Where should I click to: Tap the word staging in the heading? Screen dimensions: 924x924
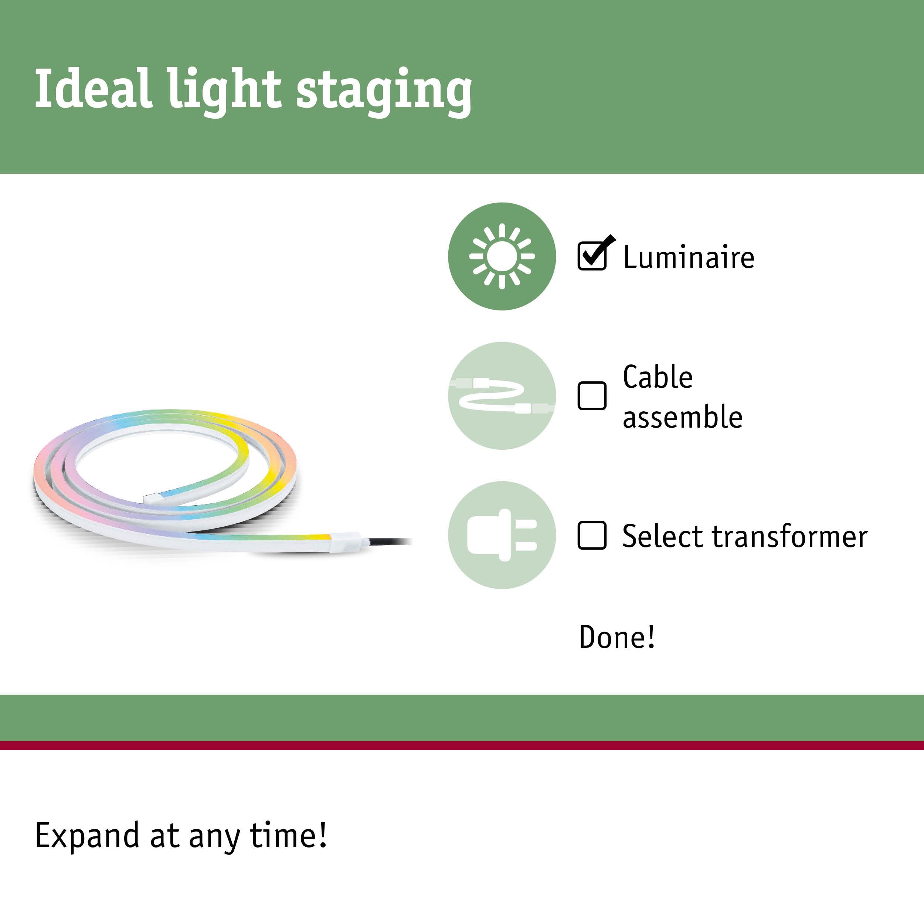(384, 91)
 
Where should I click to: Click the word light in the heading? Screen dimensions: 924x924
(224, 91)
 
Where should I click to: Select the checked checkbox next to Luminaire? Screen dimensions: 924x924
(592, 256)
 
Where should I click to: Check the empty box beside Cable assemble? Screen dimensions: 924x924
(592, 395)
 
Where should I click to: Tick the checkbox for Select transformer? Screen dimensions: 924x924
(592, 535)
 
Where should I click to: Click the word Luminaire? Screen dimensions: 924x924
(689, 257)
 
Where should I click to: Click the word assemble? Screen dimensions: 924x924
(683, 417)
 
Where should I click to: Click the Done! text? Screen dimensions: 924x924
(617, 637)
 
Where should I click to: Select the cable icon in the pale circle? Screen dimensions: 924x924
(502, 396)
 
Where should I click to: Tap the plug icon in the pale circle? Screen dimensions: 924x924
(502, 535)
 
